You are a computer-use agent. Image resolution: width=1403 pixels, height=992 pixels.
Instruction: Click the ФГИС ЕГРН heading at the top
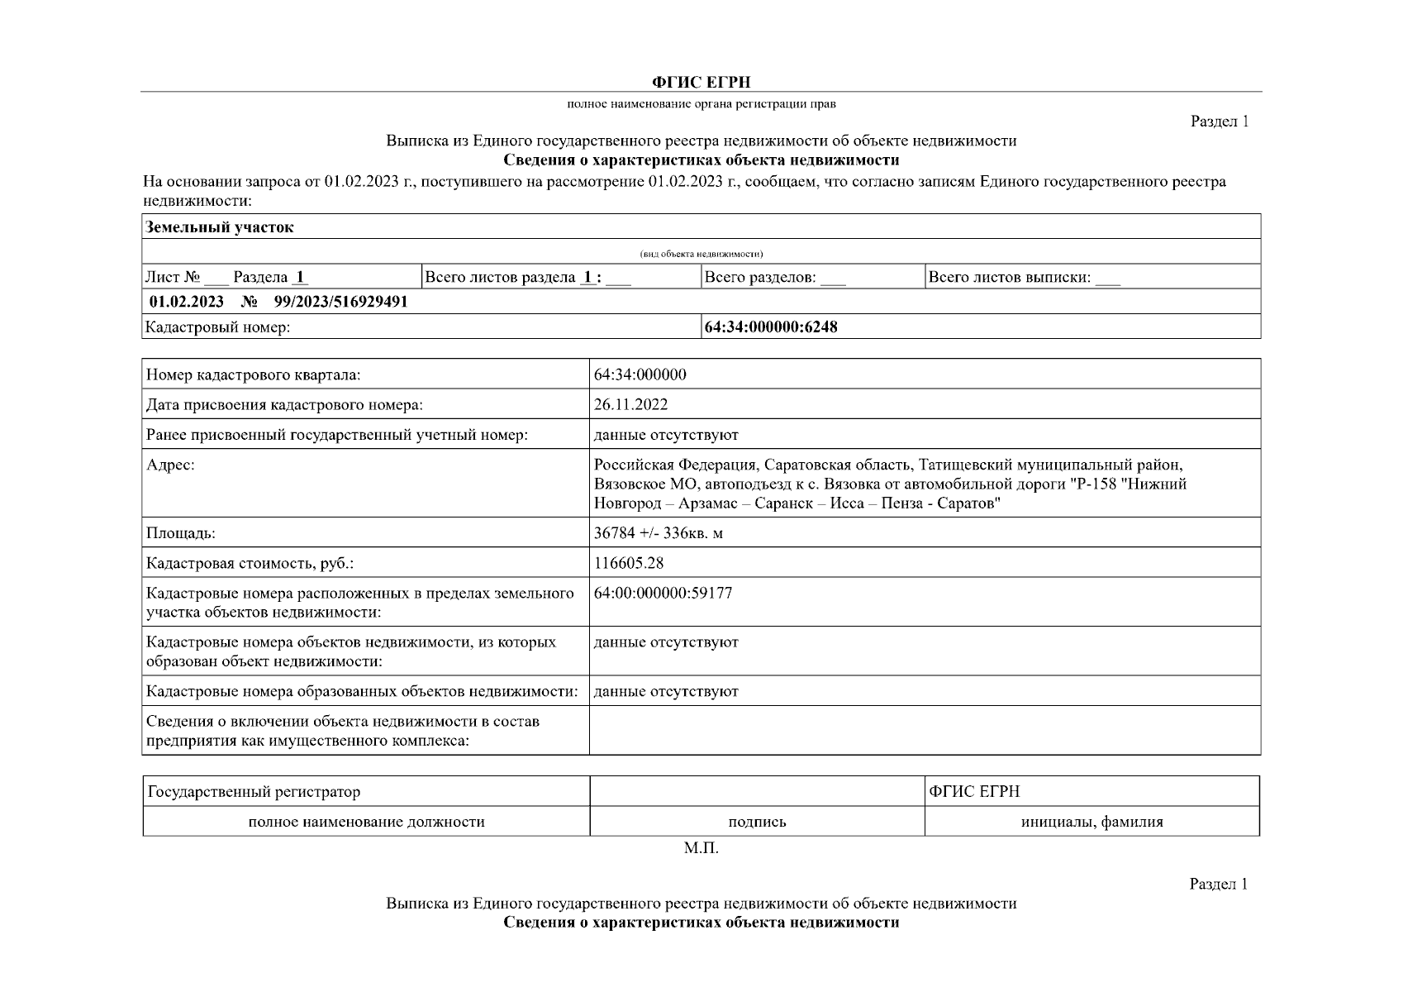[701, 82]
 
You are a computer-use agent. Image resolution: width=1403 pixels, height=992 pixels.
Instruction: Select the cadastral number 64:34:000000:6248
[770, 327]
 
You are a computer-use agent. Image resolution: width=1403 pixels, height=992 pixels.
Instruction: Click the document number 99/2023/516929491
[340, 302]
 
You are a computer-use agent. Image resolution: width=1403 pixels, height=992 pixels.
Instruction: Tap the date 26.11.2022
[630, 404]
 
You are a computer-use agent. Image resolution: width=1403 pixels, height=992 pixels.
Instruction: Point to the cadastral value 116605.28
[628, 563]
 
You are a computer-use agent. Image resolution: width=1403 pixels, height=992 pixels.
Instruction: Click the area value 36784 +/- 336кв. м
[658, 533]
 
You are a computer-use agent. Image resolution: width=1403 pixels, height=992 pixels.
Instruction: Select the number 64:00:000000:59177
[663, 594]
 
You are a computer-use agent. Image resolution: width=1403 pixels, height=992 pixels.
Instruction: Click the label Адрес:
[170, 465]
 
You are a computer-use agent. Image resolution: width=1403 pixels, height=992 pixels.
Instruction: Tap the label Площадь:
[180, 533]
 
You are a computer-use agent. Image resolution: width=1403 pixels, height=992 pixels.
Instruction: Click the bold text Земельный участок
[219, 227]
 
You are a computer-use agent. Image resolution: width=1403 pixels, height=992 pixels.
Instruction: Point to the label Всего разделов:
[760, 278]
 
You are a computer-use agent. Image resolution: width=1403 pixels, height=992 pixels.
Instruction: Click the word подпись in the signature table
[757, 822]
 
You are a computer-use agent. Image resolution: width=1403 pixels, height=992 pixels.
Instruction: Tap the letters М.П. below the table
[701, 849]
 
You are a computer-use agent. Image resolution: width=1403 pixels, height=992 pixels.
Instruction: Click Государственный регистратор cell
[254, 792]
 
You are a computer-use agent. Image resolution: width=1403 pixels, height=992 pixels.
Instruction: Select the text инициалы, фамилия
[1091, 822]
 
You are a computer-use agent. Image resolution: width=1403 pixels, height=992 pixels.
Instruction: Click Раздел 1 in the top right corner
[1219, 122]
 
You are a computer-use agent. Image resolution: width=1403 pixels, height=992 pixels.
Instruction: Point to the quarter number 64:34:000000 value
[640, 374]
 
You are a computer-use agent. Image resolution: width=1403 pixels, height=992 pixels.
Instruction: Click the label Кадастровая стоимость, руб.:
[250, 564]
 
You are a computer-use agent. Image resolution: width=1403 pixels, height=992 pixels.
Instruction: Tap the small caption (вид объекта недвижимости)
[701, 254]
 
